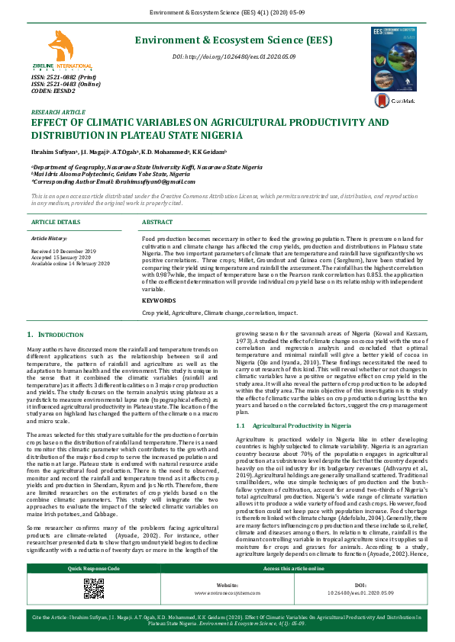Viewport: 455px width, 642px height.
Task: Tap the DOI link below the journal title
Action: pos(234,58)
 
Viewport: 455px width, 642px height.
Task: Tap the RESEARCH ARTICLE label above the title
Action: pos(58,112)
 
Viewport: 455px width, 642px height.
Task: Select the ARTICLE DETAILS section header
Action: pos(55,222)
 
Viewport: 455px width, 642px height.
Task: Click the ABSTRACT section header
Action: pos(157,222)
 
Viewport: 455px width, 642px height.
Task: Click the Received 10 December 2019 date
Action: pos(63,251)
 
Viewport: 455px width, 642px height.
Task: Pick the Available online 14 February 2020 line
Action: pos(70,262)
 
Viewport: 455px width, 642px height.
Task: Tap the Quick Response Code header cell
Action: pos(94,569)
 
